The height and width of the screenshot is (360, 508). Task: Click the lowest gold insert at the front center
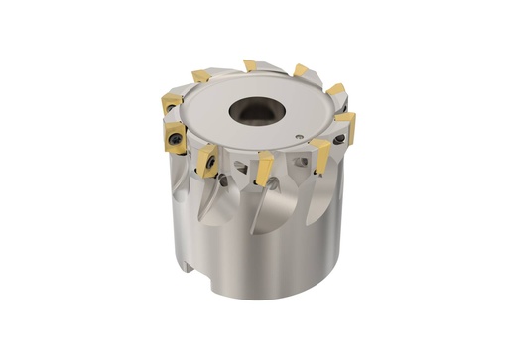pos(264,169)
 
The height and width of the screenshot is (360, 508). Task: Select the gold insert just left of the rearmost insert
pos(202,76)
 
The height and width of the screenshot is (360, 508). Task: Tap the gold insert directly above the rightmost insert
pos(337,91)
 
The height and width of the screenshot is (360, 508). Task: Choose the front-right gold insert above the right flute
pos(320,152)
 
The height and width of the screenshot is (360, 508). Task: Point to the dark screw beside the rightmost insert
pos(340,140)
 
